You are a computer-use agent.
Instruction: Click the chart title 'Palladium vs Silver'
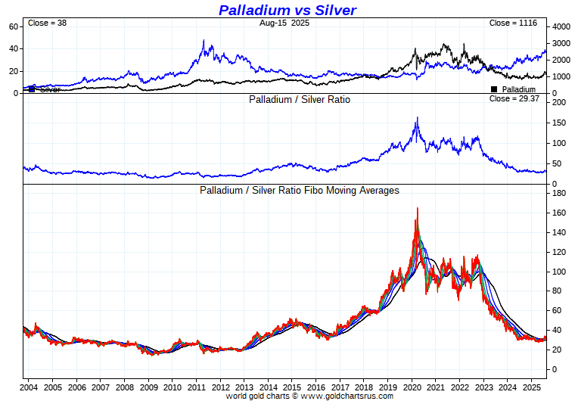pos(287,10)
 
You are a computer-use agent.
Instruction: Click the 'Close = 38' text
pos(47,23)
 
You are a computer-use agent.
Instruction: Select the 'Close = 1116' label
pos(513,23)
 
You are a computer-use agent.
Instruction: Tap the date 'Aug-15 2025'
pos(284,23)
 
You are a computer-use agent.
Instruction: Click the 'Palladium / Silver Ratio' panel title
pos(300,99)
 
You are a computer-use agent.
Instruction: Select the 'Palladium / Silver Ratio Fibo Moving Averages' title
pos(299,191)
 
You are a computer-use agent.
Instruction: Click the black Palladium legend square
pos(494,89)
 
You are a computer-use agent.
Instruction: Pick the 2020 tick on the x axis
pos(412,387)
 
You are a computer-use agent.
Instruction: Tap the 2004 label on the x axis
pos(30,387)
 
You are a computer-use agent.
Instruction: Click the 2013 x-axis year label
pos(244,387)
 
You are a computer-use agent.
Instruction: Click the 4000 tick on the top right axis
pos(561,26)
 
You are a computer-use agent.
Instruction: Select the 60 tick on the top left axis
pos(13,26)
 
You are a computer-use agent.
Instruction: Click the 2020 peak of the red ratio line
pos(416,209)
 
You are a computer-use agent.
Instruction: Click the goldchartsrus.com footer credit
pos(309,396)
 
